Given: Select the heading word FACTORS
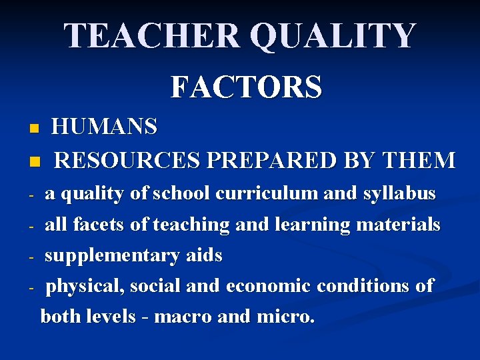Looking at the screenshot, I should [247, 87].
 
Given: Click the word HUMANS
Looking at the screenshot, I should [105, 126].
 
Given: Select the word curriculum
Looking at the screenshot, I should [267, 194].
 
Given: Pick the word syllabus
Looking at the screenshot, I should [399, 194].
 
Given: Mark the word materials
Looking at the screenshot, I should [399, 225].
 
